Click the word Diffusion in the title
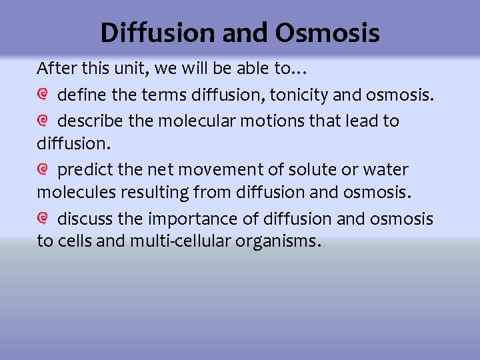pos(157,33)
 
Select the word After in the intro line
pos(55,69)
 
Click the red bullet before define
pos(43,96)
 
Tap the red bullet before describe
pos(43,121)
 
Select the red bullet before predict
pos(43,169)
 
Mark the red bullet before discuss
pos(43,218)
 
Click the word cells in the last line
pos(73,241)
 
